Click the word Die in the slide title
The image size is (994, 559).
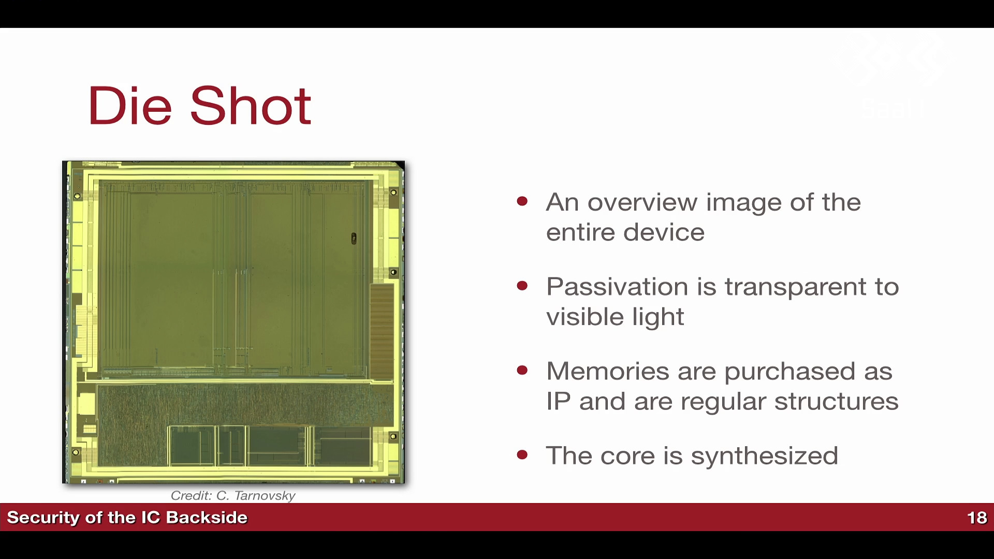pyautogui.click(x=130, y=106)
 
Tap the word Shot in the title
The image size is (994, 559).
pyautogui.click(x=251, y=106)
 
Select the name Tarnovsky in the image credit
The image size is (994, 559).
pyautogui.click(x=263, y=496)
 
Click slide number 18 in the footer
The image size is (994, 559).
pyautogui.click(x=977, y=518)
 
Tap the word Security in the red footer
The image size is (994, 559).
pyautogui.click(x=43, y=518)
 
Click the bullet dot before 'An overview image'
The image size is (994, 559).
pyautogui.click(x=522, y=201)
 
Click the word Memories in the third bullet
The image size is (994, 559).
pyautogui.click(x=608, y=371)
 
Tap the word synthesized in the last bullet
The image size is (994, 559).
pyautogui.click(x=764, y=456)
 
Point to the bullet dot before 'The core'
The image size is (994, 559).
pyautogui.click(x=522, y=455)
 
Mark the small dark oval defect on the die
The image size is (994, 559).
pyautogui.click(x=354, y=238)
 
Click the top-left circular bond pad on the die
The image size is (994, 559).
pyautogui.click(x=77, y=196)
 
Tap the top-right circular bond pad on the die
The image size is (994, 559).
pyautogui.click(x=393, y=193)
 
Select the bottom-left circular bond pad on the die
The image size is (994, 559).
pyautogui.click(x=76, y=452)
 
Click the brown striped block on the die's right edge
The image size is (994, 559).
pyautogui.click(x=382, y=332)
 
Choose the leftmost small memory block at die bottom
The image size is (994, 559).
pyautogui.click(x=191, y=445)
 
